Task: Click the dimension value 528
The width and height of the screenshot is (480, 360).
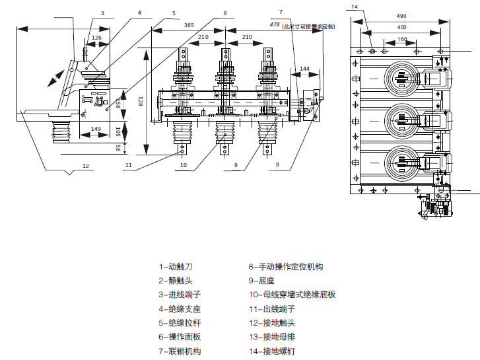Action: (140, 100)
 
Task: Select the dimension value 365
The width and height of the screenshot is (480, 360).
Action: (189, 25)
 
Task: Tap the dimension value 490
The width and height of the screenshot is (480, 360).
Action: (401, 16)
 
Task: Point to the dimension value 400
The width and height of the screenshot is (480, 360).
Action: (401, 27)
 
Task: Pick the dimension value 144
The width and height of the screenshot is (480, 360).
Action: (304, 68)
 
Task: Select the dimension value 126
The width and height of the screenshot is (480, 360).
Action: (96, 38)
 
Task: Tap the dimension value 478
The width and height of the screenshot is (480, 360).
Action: (275, 24)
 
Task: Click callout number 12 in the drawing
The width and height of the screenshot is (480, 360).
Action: (85, 165)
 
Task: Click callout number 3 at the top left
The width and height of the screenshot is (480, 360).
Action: (102, 13)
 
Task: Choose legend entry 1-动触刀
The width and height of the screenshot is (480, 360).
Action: (176, 268)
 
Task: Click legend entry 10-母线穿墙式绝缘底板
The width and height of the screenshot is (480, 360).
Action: (292, 295)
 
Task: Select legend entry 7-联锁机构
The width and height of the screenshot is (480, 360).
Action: (180, 351)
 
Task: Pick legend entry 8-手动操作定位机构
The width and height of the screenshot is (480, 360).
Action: (285, 268)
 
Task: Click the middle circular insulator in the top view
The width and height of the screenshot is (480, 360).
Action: (400, 119)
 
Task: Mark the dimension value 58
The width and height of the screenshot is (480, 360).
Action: (119, 148)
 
